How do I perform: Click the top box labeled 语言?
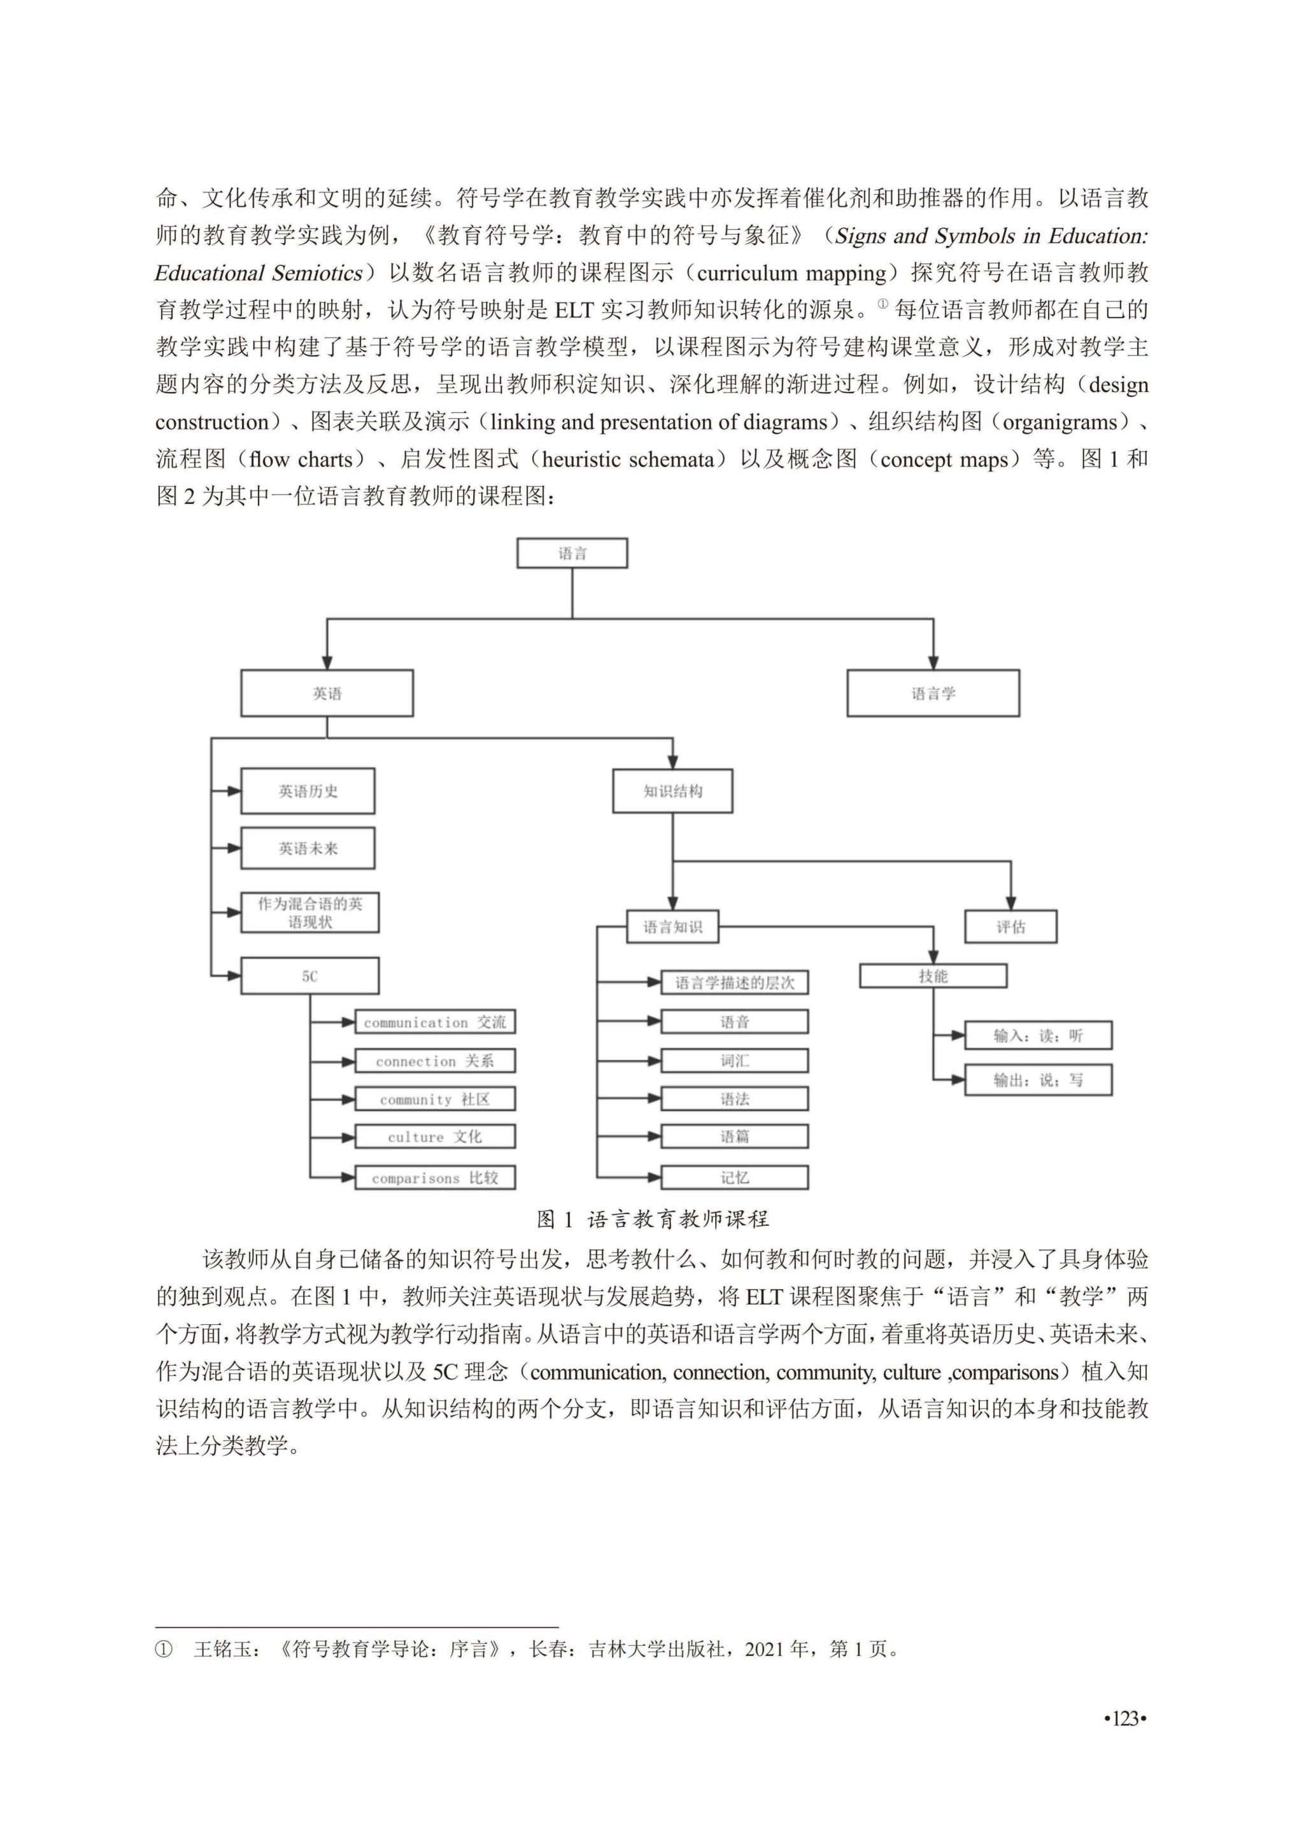tap(572, 553)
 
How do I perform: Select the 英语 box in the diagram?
tap(327, 693)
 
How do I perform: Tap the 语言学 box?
tap(933, 693)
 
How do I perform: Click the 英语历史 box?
tap(308, 792)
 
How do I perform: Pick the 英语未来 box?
tap(308, 848)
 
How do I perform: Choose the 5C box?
tap(310, 976)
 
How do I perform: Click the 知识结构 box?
tap(672, 792)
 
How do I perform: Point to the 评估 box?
tap(1010, 927)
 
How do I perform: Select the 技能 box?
tap(933, 976)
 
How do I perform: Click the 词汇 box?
tap(734, 1060)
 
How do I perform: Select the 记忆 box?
tap(734, 1177)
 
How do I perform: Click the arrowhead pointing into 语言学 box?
tap(933, 663)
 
